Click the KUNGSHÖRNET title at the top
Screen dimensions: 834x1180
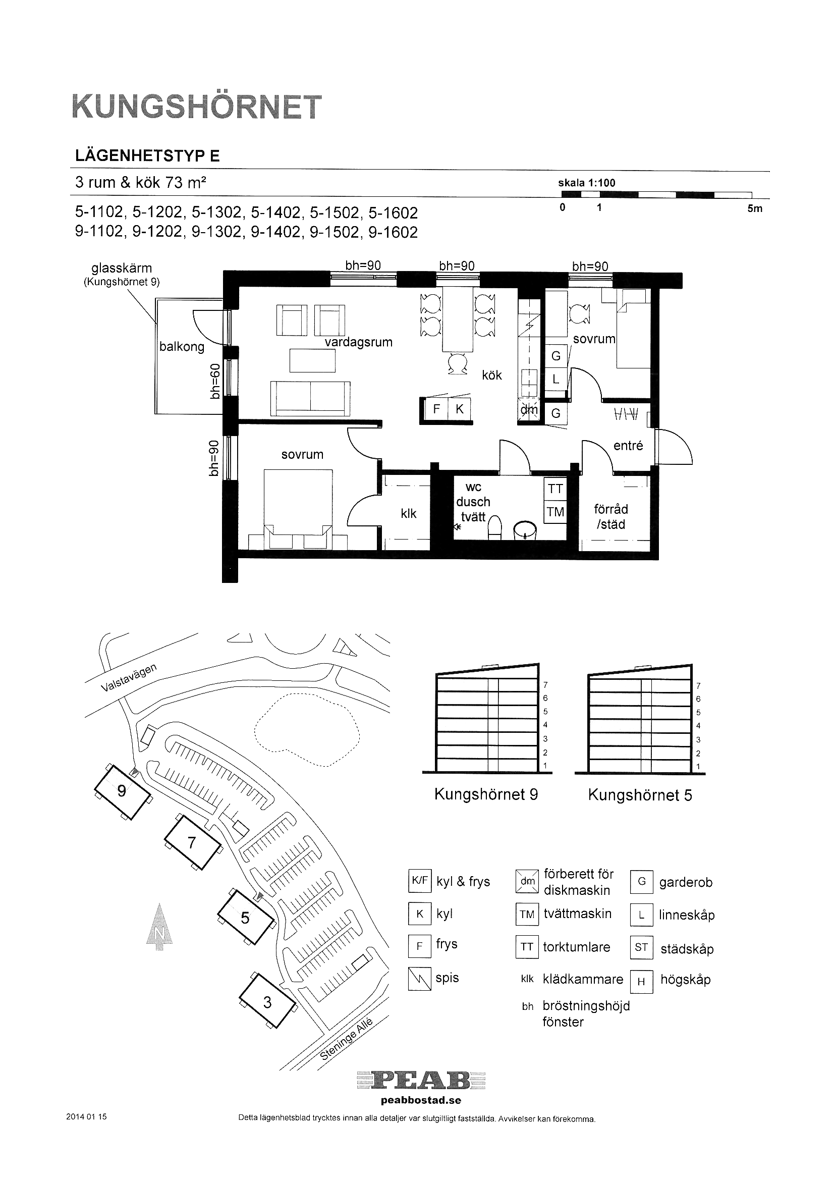197,107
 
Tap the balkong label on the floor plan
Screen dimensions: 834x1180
182,347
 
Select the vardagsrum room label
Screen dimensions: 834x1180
359,342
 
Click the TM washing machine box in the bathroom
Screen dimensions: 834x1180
555,512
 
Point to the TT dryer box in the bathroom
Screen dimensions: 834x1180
555,489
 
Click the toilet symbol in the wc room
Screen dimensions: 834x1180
494,528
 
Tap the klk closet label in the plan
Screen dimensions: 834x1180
409,513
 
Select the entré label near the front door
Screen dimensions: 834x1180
629,446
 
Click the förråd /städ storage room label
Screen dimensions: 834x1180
611,516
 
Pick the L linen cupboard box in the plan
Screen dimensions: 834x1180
555,380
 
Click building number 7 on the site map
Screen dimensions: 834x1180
192,842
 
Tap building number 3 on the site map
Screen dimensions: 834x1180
267,1002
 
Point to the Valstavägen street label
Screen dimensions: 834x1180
129,677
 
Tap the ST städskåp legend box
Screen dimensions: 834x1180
641,947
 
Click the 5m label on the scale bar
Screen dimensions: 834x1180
755,208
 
